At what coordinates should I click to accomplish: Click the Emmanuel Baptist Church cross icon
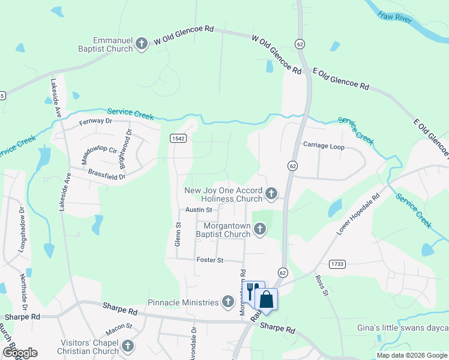pos(142,43)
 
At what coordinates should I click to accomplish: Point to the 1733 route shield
pos(337,264)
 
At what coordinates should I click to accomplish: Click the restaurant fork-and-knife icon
pos(253,291)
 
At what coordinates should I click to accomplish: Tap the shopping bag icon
pos(267,299)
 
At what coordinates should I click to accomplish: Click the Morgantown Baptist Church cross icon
pos(260,228)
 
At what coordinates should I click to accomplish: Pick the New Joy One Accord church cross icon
pos(271,193)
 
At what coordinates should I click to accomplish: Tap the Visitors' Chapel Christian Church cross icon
pos(127,346)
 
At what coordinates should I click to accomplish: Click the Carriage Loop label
pos(324,145)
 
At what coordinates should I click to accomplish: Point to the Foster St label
pos(209,260)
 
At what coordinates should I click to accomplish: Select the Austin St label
pos(199,210)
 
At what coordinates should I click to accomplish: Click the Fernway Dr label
pos(96,121)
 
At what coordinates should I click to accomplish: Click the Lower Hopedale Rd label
pos(359,214)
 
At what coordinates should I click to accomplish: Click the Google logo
pos(20,353)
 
